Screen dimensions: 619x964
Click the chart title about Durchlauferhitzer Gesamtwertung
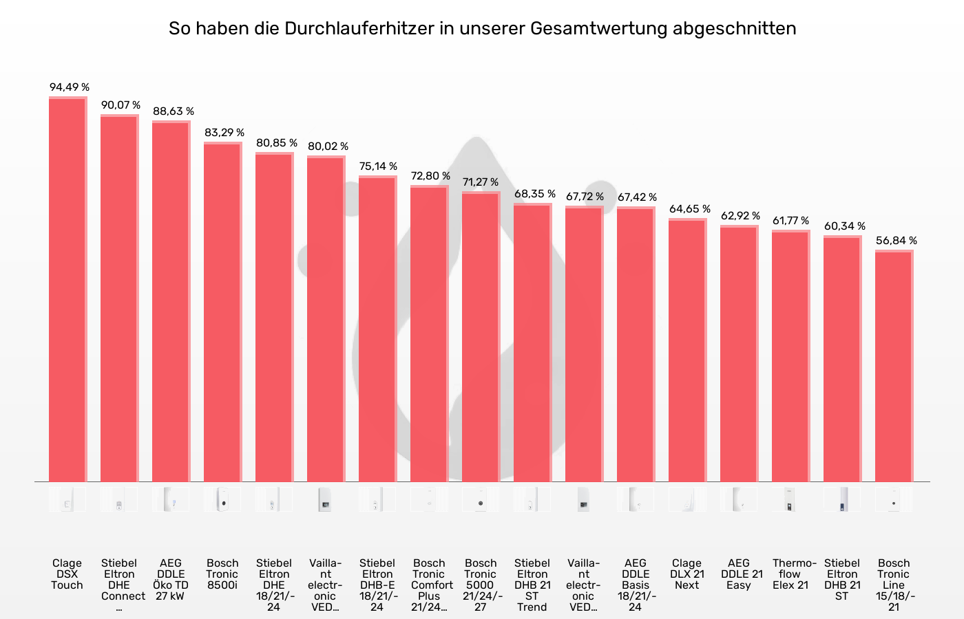482,28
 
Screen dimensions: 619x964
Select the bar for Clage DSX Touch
67,289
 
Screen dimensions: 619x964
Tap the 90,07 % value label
120,105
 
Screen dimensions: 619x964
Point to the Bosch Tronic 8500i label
222,574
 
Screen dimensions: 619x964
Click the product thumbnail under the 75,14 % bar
377,499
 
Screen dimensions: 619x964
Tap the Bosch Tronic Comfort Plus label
430,585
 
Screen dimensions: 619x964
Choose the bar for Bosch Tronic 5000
481,337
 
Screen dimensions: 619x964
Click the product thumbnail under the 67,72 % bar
584,499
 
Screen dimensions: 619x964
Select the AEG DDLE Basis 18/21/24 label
636,585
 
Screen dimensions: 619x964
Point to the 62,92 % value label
740,216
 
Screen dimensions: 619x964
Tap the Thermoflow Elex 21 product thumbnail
790,499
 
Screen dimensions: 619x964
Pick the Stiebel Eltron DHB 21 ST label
842,579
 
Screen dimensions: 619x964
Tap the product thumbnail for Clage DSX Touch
67,499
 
